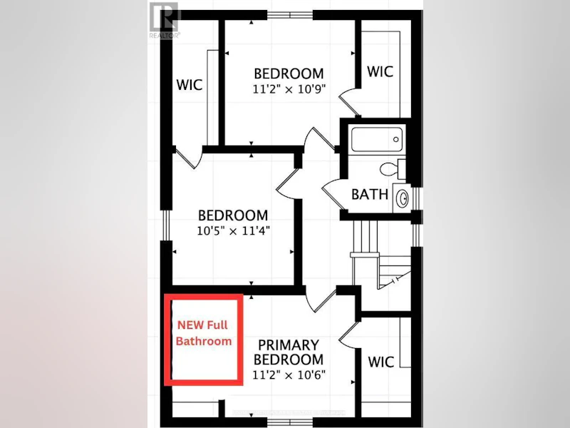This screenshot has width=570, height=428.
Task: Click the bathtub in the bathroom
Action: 377,139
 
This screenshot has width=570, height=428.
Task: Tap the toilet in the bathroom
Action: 393,169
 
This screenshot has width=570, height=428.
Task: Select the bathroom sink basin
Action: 403,198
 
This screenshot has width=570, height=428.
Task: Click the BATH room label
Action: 370,194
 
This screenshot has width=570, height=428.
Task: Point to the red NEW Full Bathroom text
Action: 204,333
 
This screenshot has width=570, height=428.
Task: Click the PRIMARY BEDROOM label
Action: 289,352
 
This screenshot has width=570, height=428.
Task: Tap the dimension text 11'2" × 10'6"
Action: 289,374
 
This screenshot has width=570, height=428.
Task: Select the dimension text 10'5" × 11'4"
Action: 233,230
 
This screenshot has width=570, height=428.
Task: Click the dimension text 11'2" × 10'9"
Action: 289,88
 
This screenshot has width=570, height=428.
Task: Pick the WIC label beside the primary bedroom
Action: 380,362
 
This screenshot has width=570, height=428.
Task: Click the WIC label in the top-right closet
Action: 380,72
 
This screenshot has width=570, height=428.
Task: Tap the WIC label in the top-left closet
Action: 189,85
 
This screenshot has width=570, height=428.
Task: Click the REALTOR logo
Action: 165,20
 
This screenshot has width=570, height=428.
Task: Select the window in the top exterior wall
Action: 290,15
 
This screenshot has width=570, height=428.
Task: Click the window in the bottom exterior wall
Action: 290,422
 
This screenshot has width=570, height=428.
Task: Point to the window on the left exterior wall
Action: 166,225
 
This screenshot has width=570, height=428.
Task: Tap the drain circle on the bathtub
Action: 395,139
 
